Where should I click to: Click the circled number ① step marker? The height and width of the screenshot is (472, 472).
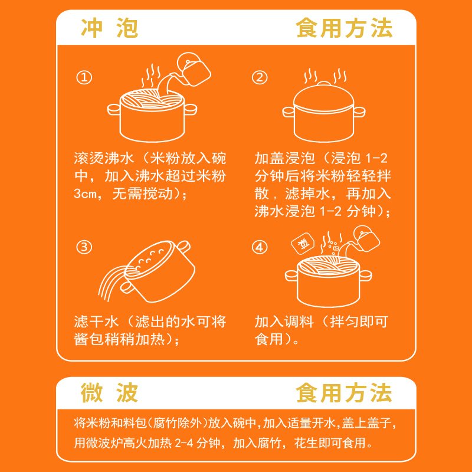pyautogui.click(x=84, y=77)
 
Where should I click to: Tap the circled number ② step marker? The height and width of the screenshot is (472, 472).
pyautogui.click(x=260, y=77)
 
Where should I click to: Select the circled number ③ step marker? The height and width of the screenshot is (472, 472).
pyautogui.click(x=84, y=247)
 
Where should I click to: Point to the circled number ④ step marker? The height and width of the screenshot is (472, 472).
pyautogui.click(x=260, y=247)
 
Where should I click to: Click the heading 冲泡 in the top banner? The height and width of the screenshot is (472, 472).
pyautogui.click(x=110, y=28)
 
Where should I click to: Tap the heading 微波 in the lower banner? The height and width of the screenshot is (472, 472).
pyautogui.click(x=110, y=393)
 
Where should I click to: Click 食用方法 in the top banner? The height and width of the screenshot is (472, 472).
pyautogui.click(x=344, y=28)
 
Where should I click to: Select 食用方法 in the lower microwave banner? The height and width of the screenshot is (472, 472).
pyautogui.click(x=344, y=393)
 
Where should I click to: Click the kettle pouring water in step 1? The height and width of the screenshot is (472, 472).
pyautogui.click(x=194, y=69)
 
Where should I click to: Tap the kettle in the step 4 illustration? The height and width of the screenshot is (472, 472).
pyautogui.click(x=366, y=238)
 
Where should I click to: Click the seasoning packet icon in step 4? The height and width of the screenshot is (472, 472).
pyautogui.click(x=303, y=243)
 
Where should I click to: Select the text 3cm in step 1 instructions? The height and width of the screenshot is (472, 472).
pyautogui.click(x=86, y=194)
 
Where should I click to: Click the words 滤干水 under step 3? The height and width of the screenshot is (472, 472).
pyautogui.click(x=96, y=322)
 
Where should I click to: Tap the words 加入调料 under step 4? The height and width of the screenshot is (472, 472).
pyautogui.click(x=284, y=322)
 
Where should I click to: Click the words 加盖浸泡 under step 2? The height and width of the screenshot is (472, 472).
pyautogui.click(x=284, y=158)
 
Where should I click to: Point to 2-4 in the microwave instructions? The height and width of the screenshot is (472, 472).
pyautogui.click(x=183, y=443)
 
